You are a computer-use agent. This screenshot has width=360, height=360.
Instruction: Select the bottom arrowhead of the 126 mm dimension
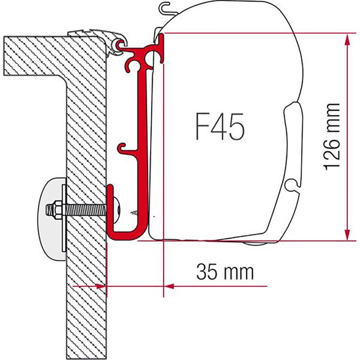[x=347, y=235]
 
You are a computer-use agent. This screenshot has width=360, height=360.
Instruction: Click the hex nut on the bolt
[x=52, y=211]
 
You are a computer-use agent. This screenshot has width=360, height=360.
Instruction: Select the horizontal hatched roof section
[x=36, y=48]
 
